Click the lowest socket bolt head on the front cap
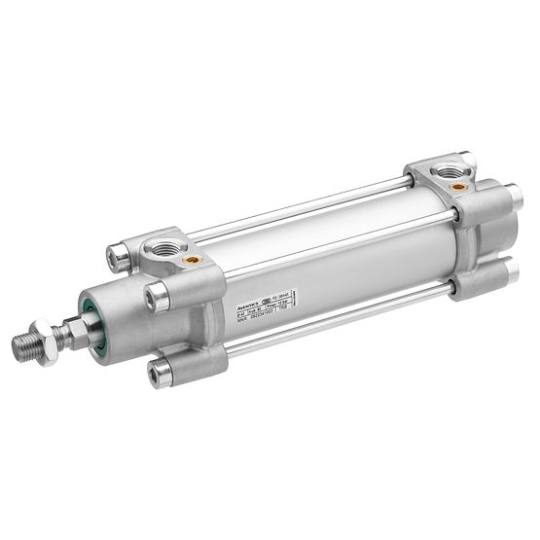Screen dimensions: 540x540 pyautogui.click(x=161, y=371)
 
